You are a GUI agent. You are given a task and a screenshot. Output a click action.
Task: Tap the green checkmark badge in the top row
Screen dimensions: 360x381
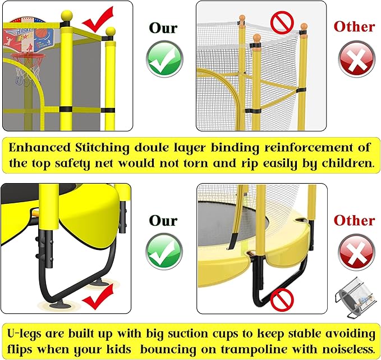click(164, 58)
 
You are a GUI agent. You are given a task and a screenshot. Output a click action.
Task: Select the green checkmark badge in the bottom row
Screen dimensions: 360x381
click(164, 251)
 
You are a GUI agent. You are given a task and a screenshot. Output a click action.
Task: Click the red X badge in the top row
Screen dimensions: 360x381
click(356, 58)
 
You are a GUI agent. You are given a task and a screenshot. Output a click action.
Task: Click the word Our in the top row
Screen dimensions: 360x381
click(163, 28)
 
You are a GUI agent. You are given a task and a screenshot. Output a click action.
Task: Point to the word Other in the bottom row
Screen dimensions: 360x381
click(354, 221)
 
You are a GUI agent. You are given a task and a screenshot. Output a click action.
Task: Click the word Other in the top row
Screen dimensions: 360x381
click(354, 26)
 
